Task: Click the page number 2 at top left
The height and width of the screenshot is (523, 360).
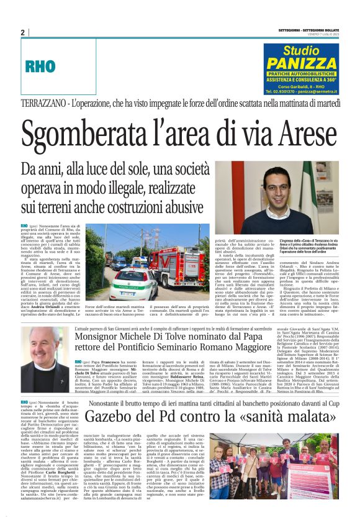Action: [22, 32]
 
